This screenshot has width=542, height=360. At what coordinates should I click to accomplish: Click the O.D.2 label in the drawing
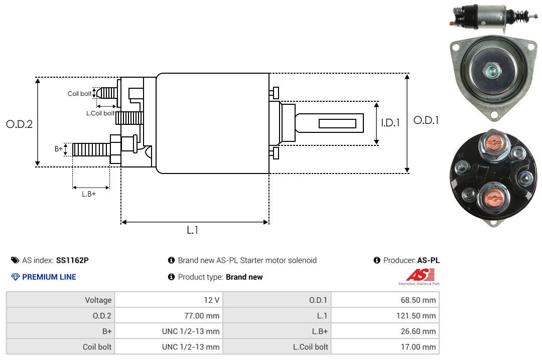pos(20,124)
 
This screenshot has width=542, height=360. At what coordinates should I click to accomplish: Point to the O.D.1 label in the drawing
pos(426,120)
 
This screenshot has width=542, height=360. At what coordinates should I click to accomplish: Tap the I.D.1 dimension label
pos(390,123)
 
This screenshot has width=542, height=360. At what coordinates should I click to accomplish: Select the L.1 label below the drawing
pos(193,230)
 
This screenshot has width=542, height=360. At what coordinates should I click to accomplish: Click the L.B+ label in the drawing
pos(89,194)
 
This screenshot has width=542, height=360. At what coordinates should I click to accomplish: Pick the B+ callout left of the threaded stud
pos(58,149)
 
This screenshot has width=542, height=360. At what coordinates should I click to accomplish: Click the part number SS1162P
pos(72,260)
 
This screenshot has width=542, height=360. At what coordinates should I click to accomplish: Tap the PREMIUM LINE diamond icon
pos(16,277)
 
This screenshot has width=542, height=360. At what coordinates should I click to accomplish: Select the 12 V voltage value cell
pos(169,300)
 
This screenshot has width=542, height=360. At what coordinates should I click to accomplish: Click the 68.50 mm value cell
pos(385,300)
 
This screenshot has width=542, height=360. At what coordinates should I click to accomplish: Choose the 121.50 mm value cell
pos(385,315)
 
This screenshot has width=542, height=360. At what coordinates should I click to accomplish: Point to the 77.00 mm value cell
pos(169,315)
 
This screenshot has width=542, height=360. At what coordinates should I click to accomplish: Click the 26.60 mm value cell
pos(385,331)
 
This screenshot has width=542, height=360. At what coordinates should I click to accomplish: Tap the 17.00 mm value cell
pos(385,346)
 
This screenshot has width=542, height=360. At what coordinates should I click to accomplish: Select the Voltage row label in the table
pos(61,300)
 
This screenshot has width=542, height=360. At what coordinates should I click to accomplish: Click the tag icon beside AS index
pos(15,260)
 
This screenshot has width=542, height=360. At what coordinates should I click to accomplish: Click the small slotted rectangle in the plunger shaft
pos(337,124)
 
